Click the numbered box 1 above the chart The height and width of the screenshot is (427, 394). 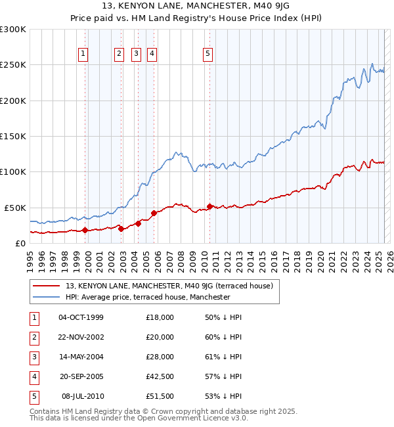[85, 55]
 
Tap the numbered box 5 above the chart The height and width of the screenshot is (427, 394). [208, 55]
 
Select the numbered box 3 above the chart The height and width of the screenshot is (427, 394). [136, 55]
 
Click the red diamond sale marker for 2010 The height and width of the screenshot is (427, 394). [209, 206]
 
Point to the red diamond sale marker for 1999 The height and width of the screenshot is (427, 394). [85, 230]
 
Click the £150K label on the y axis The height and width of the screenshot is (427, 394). [13, 136]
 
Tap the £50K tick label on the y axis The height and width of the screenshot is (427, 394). [16, 207]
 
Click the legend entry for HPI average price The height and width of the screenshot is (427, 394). [148, 297]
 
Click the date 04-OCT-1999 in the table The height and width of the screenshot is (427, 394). [81, 317]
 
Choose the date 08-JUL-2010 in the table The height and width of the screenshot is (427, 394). [82, 396]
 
